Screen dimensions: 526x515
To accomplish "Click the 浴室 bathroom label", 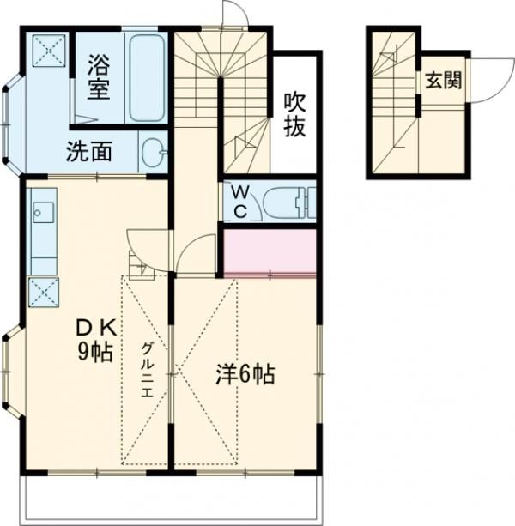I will click(98, 77).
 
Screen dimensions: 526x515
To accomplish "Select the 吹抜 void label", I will click(294, 113).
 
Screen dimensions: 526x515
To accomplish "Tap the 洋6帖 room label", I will click(245, 374).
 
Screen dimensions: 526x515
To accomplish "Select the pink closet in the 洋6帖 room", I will click(270, 251).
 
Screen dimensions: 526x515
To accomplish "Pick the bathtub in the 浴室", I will click(146, 79).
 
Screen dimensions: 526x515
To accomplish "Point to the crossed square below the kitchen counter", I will click(42, 293).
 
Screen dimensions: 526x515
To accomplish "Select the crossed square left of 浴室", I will click(48, 50).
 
